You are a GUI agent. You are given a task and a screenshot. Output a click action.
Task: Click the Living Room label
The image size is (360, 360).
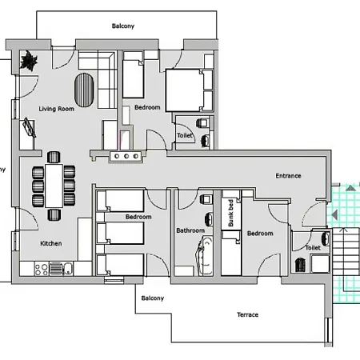[x=56, y=109]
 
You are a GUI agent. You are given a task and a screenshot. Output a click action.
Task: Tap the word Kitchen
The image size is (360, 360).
[x=52, y=243]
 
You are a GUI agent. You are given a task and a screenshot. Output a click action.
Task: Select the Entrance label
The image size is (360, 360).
[x=288, y=176]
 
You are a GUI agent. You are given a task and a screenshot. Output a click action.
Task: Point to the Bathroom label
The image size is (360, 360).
[x=190, y=231]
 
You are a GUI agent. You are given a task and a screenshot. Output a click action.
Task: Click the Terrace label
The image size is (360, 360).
[x=247, y=314]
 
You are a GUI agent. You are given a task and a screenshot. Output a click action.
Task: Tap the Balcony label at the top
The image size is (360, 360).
[x=122, y=26]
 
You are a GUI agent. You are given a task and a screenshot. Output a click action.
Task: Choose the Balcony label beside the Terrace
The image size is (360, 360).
[x=153, y=298]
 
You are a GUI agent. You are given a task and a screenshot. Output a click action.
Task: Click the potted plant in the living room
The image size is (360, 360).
[x=30, y=61]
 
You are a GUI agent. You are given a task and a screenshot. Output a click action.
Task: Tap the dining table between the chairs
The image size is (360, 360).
[x=54, y=185]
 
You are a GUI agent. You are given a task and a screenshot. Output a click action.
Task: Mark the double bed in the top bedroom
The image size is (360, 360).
[x=190, y=88]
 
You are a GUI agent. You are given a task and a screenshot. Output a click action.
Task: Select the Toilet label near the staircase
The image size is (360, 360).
[x=313, y=248]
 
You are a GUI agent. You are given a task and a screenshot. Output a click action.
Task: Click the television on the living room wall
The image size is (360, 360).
[x=30, y=128]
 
